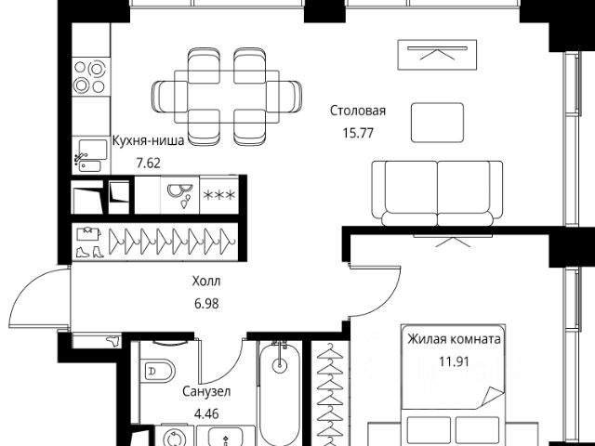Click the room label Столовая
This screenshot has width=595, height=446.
[x=357, y=111]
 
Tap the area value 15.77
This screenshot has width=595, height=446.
[x=358, y=133]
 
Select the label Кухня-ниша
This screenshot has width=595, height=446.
[x=149, y=140]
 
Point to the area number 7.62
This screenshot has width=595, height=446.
[x=149, y=164]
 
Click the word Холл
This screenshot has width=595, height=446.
[x=206, y=282]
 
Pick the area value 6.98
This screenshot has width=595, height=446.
[x=206, y=304]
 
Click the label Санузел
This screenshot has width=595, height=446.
[x=206, y=391]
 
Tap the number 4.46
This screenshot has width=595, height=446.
[x=206, y=413]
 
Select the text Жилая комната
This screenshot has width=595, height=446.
[x=454, y=339]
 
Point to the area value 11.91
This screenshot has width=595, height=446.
[x=454, y=361]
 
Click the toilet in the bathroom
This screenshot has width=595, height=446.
[x=159, y=370]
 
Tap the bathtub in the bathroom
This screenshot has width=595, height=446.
[x=280, y=393]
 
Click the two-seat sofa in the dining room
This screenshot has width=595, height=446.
[x=437, y=193]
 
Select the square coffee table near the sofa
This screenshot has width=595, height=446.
[x=437, y=123]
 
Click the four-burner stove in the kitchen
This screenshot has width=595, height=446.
[x=91, y=77]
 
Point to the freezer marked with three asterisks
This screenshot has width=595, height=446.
[x=219, y=195]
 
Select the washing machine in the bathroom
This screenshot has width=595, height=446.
[x=175, y=436]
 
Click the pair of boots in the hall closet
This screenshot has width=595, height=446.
[x=89, y=252]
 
